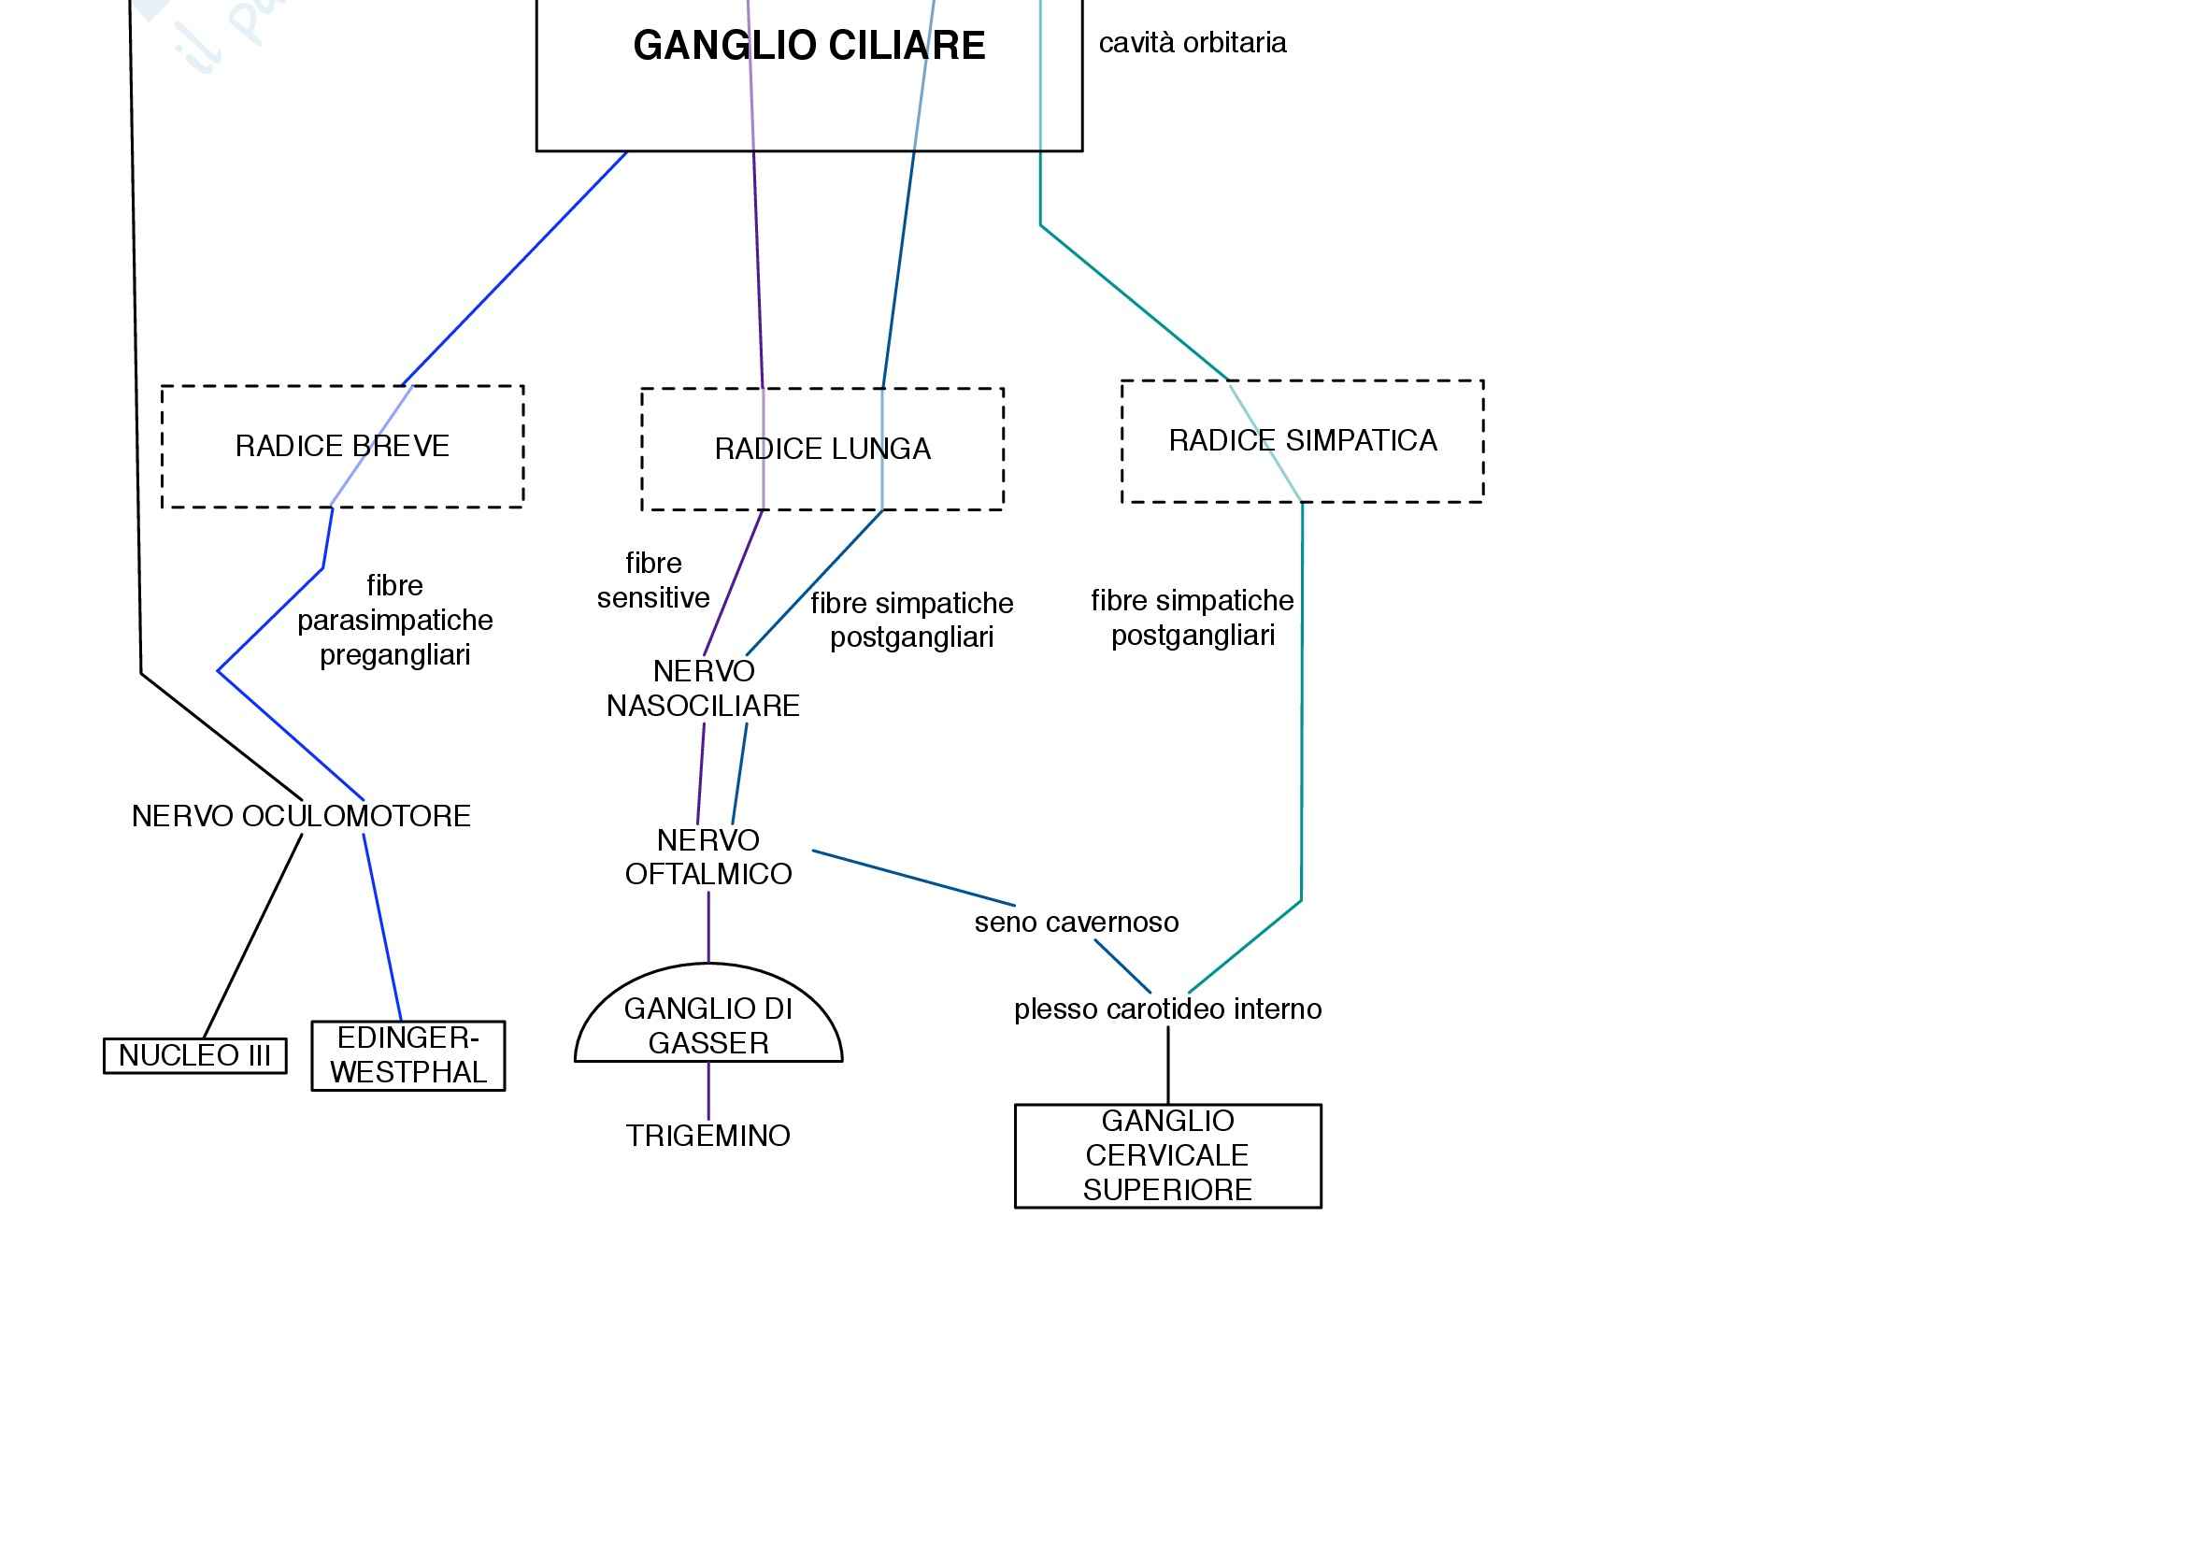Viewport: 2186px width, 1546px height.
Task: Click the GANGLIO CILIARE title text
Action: pyautogui.click(x=808, y=46)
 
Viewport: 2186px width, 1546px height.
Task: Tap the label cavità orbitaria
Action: pyautogui.click(x=1192, y=43)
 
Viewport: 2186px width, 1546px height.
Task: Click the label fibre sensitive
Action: pyautogui.click(x=653, y=580)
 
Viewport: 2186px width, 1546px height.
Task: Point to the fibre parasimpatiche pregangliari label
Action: pyautogui.click(x=394, y=621)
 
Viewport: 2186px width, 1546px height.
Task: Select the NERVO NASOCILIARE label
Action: pyautogui.click(x=703, y=689)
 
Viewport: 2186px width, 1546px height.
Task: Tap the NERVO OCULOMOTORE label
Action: pyautogui.click(x=301, y=817)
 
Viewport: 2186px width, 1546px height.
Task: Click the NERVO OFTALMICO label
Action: pyautogui.click(x=708, y=858)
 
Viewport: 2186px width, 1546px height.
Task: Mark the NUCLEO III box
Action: pyautogui.click(x=195, y=1055)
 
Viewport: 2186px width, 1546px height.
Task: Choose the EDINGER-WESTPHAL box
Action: pyautogui.click(x=408, y=1055)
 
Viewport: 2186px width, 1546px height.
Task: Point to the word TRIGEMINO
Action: pyautogui.click(x=708, y=1136)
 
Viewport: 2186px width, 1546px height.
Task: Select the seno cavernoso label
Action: pyautogui.click(x=1076, y=923)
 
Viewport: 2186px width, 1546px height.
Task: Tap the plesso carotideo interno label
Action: pyautogui.click(x=1167, y=1009)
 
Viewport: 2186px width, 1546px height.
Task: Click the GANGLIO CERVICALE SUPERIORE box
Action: pyautogui.click(x=1167, y=1155)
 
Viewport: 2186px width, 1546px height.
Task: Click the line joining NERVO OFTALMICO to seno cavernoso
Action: pyautogui.click(x=914, y=878)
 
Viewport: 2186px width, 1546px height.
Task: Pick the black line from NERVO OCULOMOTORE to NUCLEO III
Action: pyautogui.click(x=253, y=937)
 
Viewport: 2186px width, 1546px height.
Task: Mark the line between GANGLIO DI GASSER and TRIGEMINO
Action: pyautogui.click(x=708, y=1091)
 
